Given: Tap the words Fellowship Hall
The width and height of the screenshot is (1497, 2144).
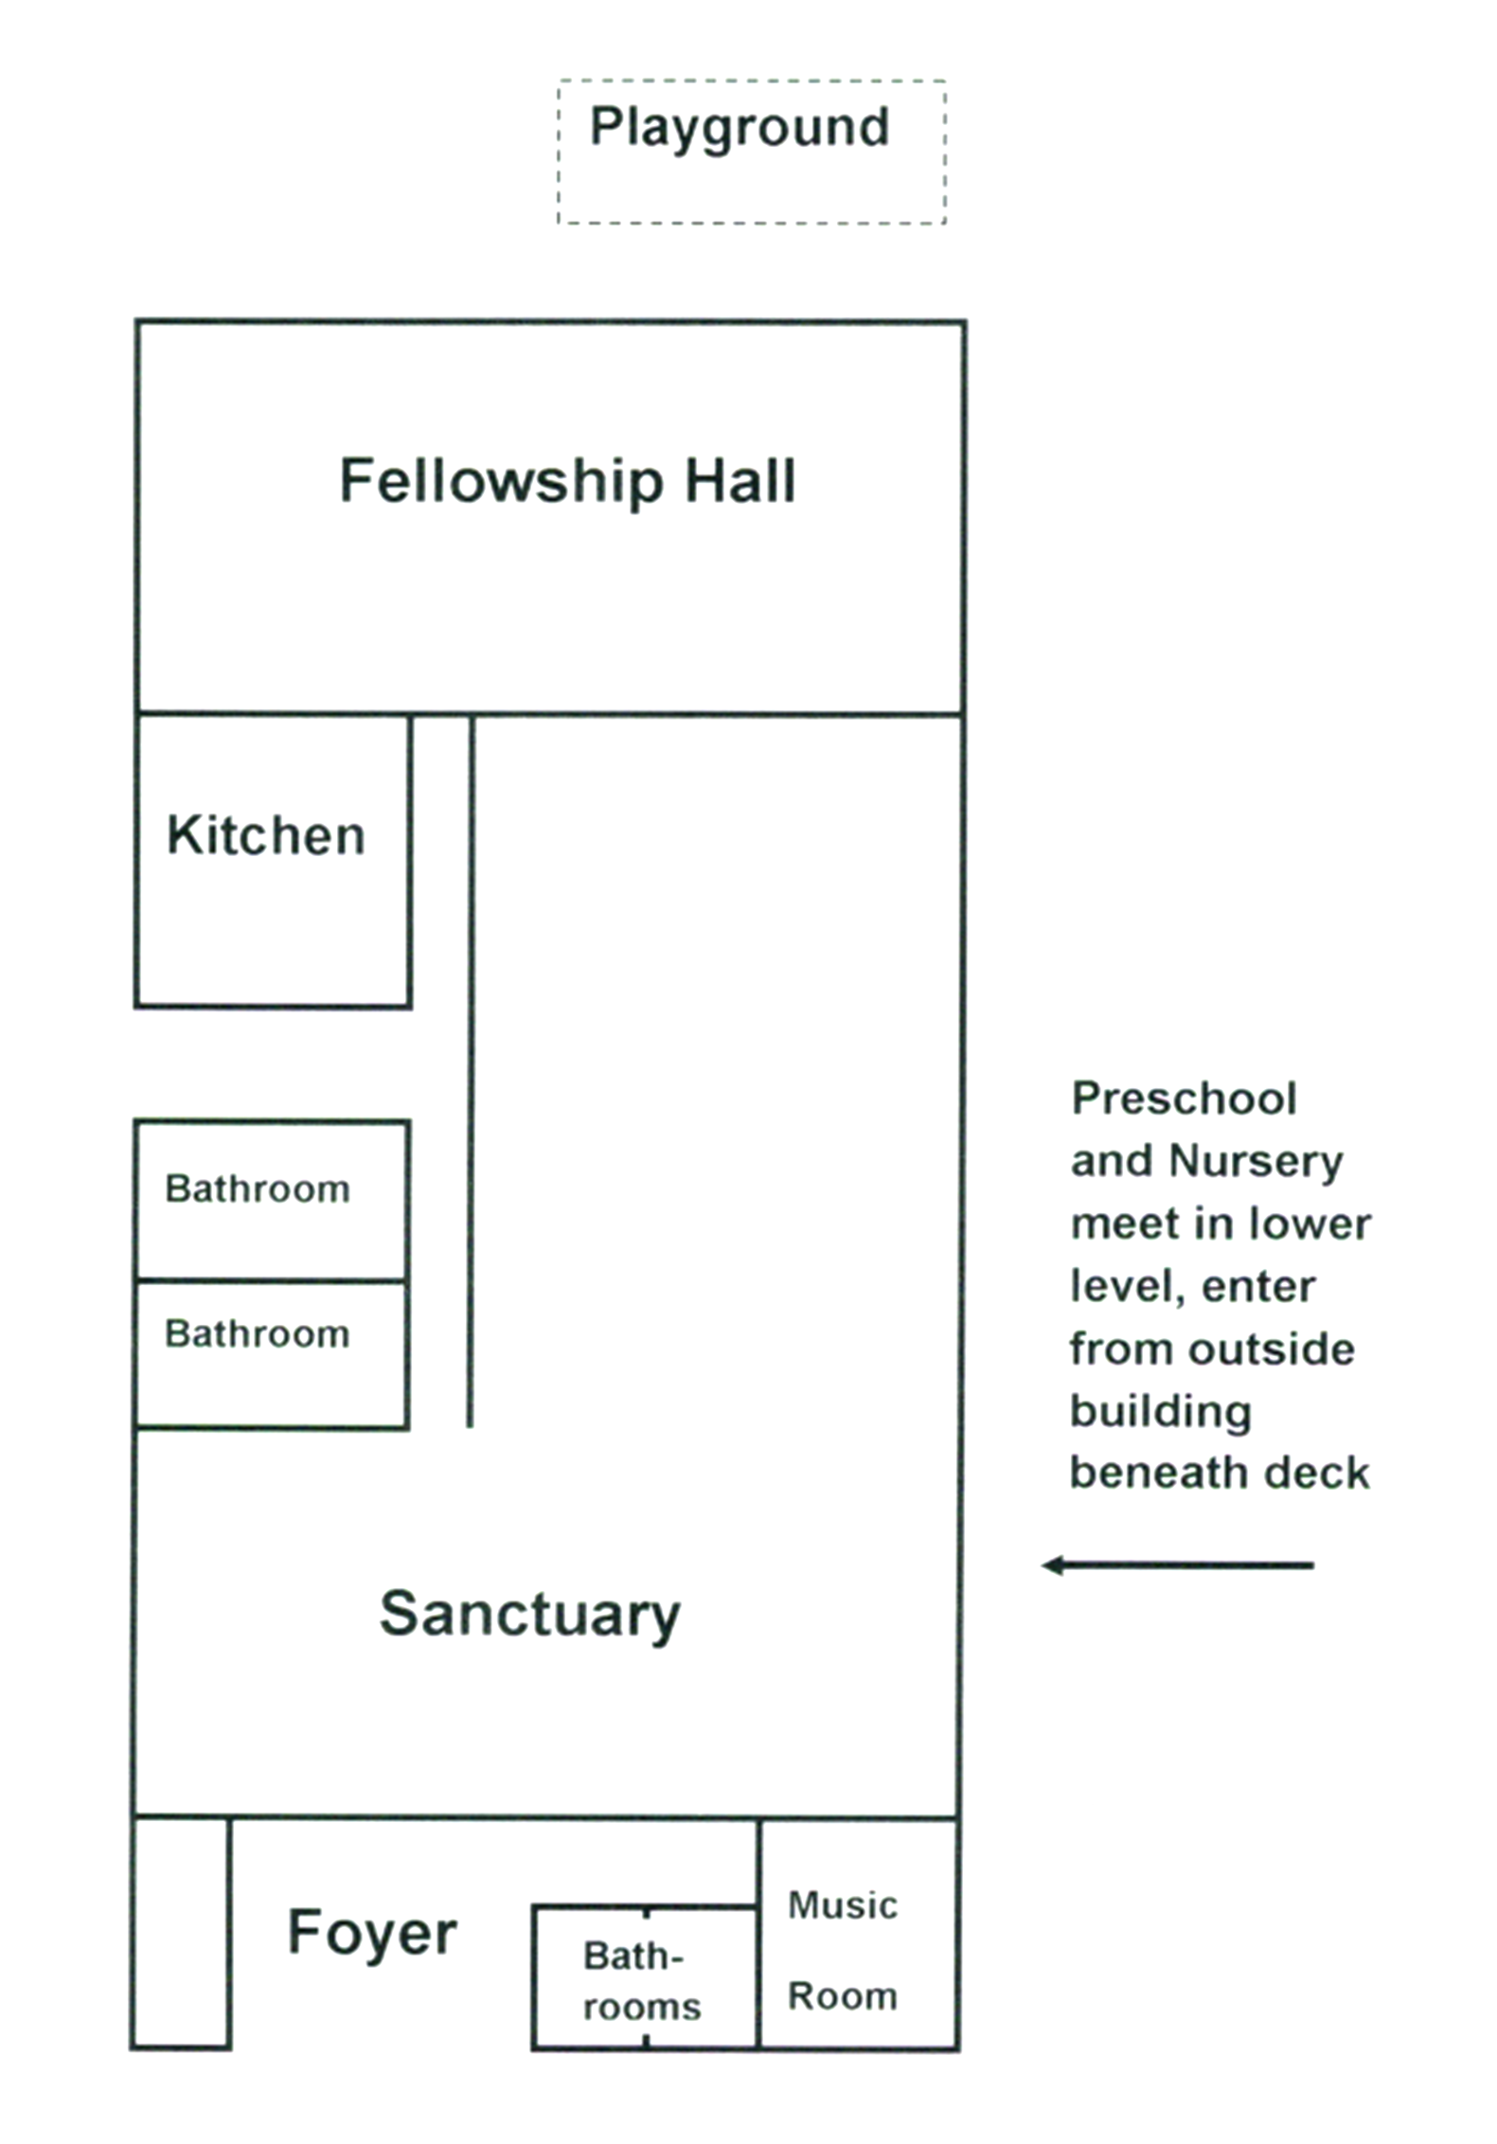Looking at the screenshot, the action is pyautogui.click(x=567, y=481).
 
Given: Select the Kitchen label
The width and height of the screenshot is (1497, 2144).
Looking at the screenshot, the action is pyautogui.click(x=266, y=835).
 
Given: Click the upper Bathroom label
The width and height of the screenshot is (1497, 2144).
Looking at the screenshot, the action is pyautogui.click(x=258, y=1188).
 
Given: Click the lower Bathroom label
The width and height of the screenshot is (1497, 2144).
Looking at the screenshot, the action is pyautogui.click(x=258, y=1334).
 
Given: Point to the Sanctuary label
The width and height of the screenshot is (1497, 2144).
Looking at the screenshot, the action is pyautogui.click(x=530, y=1615).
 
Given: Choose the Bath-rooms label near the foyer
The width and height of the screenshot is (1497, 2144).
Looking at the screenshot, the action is pyautogui.click(x=641, y=1981).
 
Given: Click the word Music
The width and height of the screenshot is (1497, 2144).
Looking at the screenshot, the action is pyautogui.click(x=843, y=1905).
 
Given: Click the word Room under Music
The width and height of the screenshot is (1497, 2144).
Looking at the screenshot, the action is pyautogui.click(x=843, y=1996).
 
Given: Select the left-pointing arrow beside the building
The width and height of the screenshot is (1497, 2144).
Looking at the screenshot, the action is pyautogui.click(x=1177, y=1565).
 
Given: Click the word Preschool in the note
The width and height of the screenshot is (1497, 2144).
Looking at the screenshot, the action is pyautogui.click(x=1184, y=1099).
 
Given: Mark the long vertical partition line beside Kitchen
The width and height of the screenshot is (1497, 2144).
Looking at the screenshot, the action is pyautogui.click(x=471, y=1070).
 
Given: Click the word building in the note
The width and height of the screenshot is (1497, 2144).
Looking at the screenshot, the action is pyautogui.click(x=1161, y=1412).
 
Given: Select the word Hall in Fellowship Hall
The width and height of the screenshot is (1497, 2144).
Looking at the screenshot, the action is pyautogui.click(x=740, y=481).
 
